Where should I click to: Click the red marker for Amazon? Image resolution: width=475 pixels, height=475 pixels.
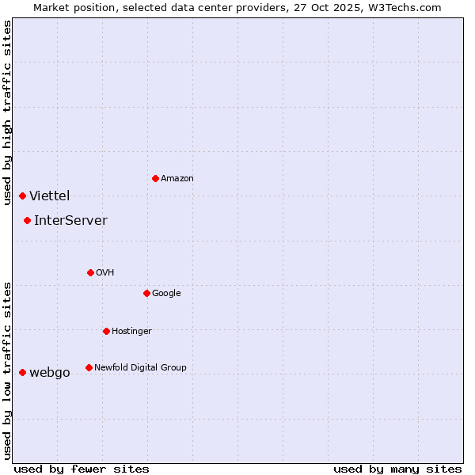(x=155, y=178)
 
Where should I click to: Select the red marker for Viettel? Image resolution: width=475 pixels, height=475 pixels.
(x=22, y=196)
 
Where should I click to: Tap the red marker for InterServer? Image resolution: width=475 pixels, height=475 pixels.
(x=27, y=220)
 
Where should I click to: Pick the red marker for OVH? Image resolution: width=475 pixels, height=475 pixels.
(x=90, y=272)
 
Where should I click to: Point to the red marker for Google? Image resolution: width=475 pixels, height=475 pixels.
(x=146, y=293)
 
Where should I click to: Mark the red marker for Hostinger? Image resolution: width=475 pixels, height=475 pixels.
(x=106, y=331)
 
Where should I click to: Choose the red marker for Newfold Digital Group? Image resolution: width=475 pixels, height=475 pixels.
(x=89, y=367)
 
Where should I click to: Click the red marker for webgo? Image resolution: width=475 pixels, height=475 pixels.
(x=22, y=372)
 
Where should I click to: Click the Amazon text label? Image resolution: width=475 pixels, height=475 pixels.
(x=177, y=178)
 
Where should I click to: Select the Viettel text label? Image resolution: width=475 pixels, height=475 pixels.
(x=50, y=196)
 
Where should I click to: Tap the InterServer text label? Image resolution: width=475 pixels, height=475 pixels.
(x=70, y=220)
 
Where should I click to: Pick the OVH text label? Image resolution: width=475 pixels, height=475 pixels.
(x=105, y=272)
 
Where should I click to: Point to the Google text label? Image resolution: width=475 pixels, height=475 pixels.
(x=166, y=293)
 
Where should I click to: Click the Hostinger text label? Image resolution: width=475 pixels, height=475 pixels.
(x=131, y=331)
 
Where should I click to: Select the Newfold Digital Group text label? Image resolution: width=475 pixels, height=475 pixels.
(x=140, y=367)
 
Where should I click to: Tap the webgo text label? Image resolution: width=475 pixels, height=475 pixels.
(x=50, y=373)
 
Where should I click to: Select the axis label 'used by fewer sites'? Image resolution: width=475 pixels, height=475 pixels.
(x=82, y=469)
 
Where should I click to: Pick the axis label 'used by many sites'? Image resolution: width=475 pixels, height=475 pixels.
(x=397, y=469)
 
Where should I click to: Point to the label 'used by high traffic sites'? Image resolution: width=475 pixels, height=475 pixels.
(x=7, y=112)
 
